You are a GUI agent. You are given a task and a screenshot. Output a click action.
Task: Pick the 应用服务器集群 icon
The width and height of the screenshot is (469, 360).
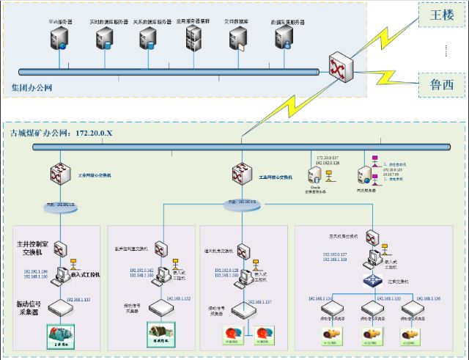195,38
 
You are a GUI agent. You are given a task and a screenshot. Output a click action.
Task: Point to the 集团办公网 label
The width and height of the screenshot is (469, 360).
32,88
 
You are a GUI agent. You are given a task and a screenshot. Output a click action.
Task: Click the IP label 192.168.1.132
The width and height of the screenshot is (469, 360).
179,298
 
